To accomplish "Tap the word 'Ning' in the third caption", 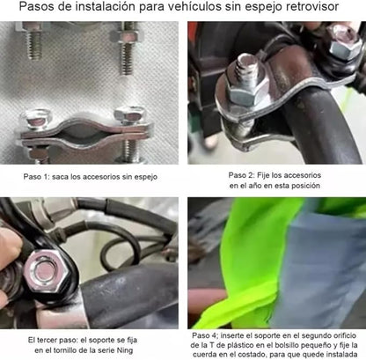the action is (x=125, y=350).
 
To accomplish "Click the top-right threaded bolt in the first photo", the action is (x=127, y=48).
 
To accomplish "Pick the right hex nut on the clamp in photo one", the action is (x=129, y=115).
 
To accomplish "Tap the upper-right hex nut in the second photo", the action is (x=344, y=41).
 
